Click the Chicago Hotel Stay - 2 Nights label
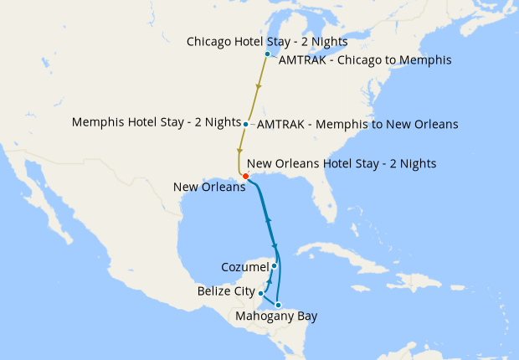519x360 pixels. (267, 41)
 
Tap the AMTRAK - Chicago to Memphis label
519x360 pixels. (365, 60)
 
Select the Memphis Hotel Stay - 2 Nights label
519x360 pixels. (157, 122)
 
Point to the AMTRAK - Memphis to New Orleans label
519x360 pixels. (357, 125)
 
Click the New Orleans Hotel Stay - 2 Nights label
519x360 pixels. (342, 164)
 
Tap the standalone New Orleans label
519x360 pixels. (209, 187)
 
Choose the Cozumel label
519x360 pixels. (244, 267)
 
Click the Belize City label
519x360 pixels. (227, 291)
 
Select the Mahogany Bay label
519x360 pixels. (277, 316)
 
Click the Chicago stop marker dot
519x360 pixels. (267, 54)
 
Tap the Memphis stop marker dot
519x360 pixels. (245, 124)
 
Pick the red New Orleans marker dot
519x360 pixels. (244, 176)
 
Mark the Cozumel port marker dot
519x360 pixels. (275, 265)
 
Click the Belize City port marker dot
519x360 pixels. (261, 293)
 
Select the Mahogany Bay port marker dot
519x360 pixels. (278, 305)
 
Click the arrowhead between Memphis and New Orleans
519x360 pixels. (240, 152)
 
